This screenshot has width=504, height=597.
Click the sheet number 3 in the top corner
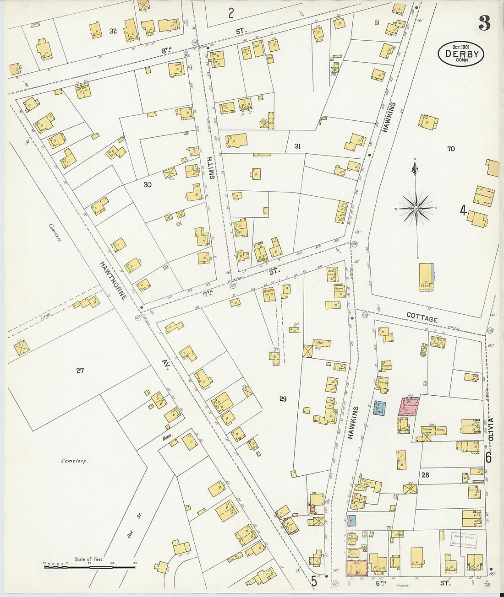[x=484, y=22]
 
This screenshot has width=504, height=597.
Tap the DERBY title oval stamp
[x=461, y=54]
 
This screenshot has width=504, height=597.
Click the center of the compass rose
[x=416, y=209]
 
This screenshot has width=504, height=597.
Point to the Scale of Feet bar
[x=89, y=567]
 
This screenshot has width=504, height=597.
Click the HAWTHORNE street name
[x=114, y=280]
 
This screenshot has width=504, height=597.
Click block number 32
[x=113, y=31]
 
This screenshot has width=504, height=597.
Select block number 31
[x=297, y=146]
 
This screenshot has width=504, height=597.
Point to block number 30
[x=147, y=185]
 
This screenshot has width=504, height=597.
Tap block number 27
[x=80, y=371]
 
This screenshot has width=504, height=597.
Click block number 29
[x=283, y=399]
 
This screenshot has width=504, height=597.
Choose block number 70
[x=451, y=149]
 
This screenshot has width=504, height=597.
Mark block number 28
[x=425, y=475]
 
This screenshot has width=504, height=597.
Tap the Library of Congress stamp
[x=464, y=540]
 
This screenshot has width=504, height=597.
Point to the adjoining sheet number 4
[x=463, y=210]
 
